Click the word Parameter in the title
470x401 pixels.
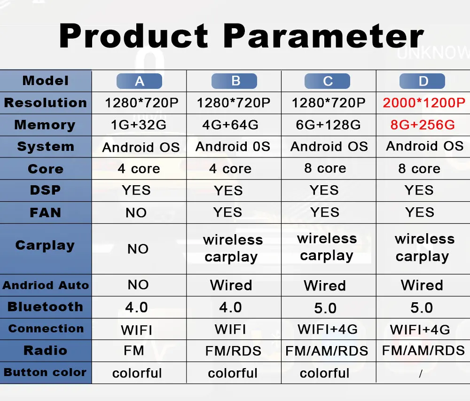click(x=323, y=36)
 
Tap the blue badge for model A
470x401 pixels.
click(x=140, y=81)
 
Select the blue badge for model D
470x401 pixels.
click(x=423, y=81)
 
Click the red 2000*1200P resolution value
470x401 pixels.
click(x=424, y=103)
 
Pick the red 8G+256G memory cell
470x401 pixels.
click(x=423, y=125)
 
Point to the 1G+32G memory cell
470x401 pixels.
click(x=139, y=125)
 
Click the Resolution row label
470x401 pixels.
click(x=46, y=103)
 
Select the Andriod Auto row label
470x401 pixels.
click(x=46, y=285)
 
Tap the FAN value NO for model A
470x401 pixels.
click(x=136, y=213)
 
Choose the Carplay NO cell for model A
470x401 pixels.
click(x=138, y=249)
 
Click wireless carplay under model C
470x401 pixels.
click(x=327, y=247)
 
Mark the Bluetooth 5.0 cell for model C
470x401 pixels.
click(x=325, y=308)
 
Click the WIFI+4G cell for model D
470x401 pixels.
click(x=420, y=330)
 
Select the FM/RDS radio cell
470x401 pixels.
click(x=233, y=351)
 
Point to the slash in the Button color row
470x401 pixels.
click(x=421, y=374)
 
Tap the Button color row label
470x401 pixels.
click(x=45, y=372)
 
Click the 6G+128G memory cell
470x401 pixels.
click(x=328, y=125)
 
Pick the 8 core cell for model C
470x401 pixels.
click(x=325, y=168)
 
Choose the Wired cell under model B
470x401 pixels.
click(x=231, y=285)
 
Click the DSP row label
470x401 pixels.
click(x=45, y=190)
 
